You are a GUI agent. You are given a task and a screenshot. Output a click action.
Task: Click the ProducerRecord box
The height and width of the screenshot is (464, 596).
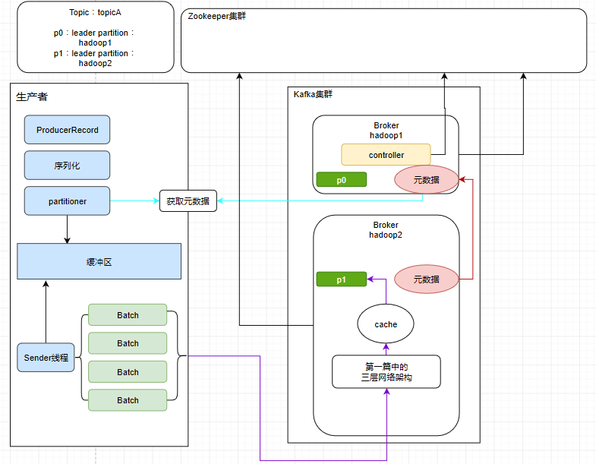(67, 130)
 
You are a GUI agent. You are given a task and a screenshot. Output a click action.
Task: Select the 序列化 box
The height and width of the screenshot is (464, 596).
(67, 165)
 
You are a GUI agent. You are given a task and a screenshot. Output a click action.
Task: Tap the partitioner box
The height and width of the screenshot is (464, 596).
(67, 201)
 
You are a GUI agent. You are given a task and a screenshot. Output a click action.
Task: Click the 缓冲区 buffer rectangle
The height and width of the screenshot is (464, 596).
(99, 261)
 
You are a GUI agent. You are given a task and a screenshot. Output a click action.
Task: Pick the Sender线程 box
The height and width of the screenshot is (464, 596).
(46, 357)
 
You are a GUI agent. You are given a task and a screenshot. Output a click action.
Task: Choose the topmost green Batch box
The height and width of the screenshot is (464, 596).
(128, 315)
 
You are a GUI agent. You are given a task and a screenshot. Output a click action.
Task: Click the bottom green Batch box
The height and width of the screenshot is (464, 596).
(128, 400)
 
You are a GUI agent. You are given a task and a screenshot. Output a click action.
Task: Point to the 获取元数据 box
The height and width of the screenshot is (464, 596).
(188, 201)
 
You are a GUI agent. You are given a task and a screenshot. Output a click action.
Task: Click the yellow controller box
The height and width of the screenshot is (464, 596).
(386, 155)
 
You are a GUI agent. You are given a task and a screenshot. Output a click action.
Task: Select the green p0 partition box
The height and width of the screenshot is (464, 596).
(341, 179)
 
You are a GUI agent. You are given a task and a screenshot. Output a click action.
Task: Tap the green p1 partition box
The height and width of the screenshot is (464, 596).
(341, 279)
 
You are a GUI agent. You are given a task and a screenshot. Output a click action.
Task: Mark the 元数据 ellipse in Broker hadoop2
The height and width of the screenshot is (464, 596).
(426, 279)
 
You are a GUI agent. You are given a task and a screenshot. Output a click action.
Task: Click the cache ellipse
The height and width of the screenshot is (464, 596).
(386, 324)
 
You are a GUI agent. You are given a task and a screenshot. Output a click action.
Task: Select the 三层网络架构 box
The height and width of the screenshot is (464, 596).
(386, 371)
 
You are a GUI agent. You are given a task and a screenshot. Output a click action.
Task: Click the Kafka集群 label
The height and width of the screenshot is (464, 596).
(313, 94)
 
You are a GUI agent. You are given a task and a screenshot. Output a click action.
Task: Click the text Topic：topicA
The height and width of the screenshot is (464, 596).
(95, 14)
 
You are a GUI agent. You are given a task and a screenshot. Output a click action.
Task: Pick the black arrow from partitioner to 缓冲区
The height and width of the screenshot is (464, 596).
(67, 229)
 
